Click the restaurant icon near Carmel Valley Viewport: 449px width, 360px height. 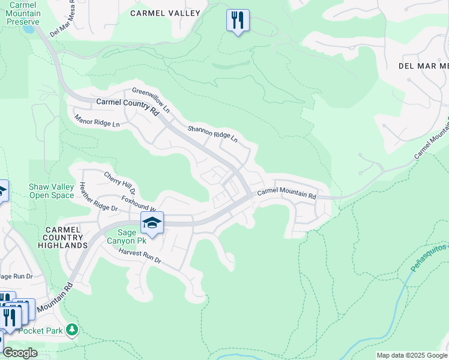[238, 20]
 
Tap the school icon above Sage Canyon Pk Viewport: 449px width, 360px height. [152, 223]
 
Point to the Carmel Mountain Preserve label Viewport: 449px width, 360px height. [25, 13]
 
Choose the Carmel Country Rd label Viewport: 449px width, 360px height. [127, 106]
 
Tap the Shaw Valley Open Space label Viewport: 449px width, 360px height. [52, 191]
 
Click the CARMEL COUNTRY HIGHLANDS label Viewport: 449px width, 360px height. [63, 238]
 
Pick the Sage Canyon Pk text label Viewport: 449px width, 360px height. [127, 236]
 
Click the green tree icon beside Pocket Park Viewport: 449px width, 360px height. [72, 329]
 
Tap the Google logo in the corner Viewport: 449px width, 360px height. [20, 353]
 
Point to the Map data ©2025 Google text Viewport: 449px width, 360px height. [412, 355]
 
